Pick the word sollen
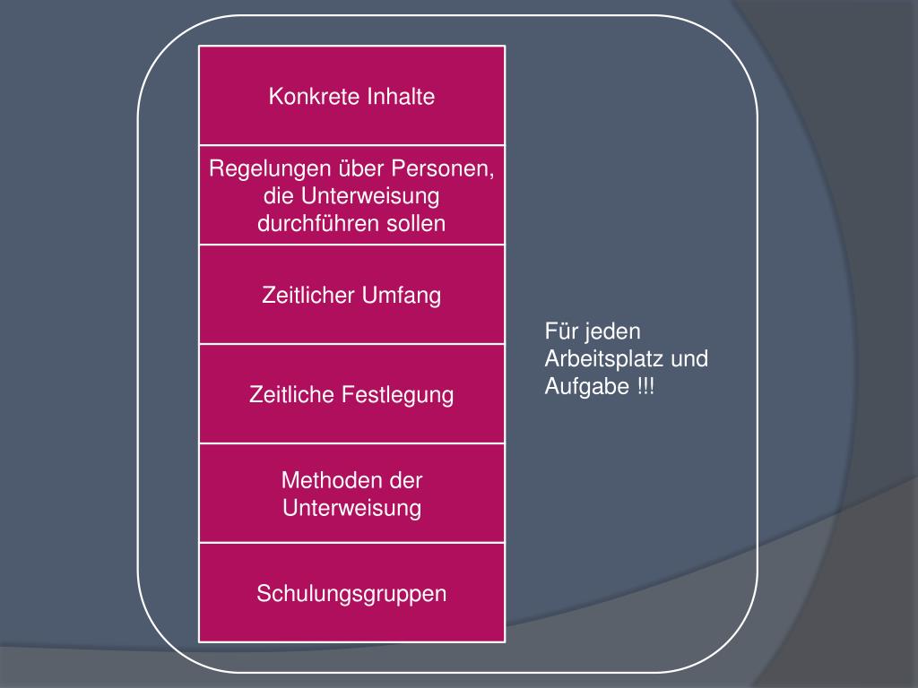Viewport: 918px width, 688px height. point(416,224)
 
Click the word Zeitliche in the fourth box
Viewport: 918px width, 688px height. point(292,395)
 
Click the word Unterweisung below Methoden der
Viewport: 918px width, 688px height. point(351,509)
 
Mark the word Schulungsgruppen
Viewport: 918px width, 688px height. point(351,593)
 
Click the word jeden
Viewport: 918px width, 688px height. point(613,331)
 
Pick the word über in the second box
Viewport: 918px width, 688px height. point(359,168)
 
